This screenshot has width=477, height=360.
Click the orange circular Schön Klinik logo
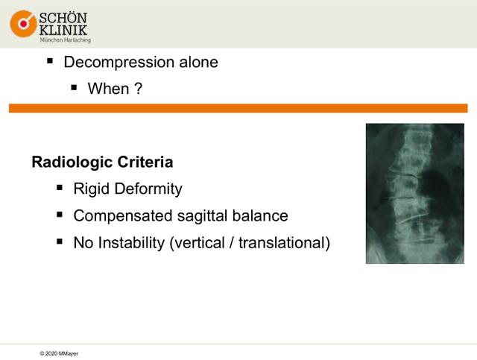(23, 24)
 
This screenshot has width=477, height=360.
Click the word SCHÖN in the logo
(63, 18)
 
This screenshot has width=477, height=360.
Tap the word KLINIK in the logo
(63, 30)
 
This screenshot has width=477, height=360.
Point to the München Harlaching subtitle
(65, 40)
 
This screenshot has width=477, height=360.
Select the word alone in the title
(199, 62)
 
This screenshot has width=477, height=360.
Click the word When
(108, 89)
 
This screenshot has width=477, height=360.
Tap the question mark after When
(138, 89)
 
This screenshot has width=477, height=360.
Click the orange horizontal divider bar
(238, 108)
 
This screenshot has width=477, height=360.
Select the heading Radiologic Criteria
(103, 162)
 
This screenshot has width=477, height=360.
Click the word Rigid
(92, 189)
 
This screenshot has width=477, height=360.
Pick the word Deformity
(148, 189)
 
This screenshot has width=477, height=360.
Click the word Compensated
(123, 216)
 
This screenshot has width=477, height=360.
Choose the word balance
(260, 215)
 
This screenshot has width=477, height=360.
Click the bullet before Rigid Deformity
(60, 188)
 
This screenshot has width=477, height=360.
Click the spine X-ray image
(415, 194)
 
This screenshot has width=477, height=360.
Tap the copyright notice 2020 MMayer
(59, 353)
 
